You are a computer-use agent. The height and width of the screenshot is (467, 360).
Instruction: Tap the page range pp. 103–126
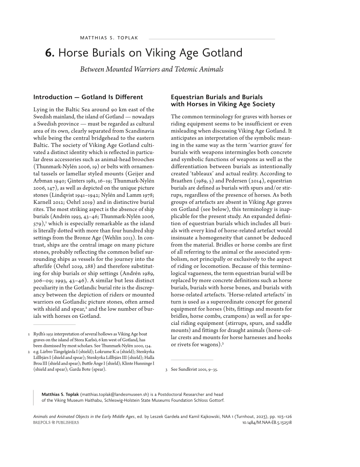(x=277, y=416)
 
